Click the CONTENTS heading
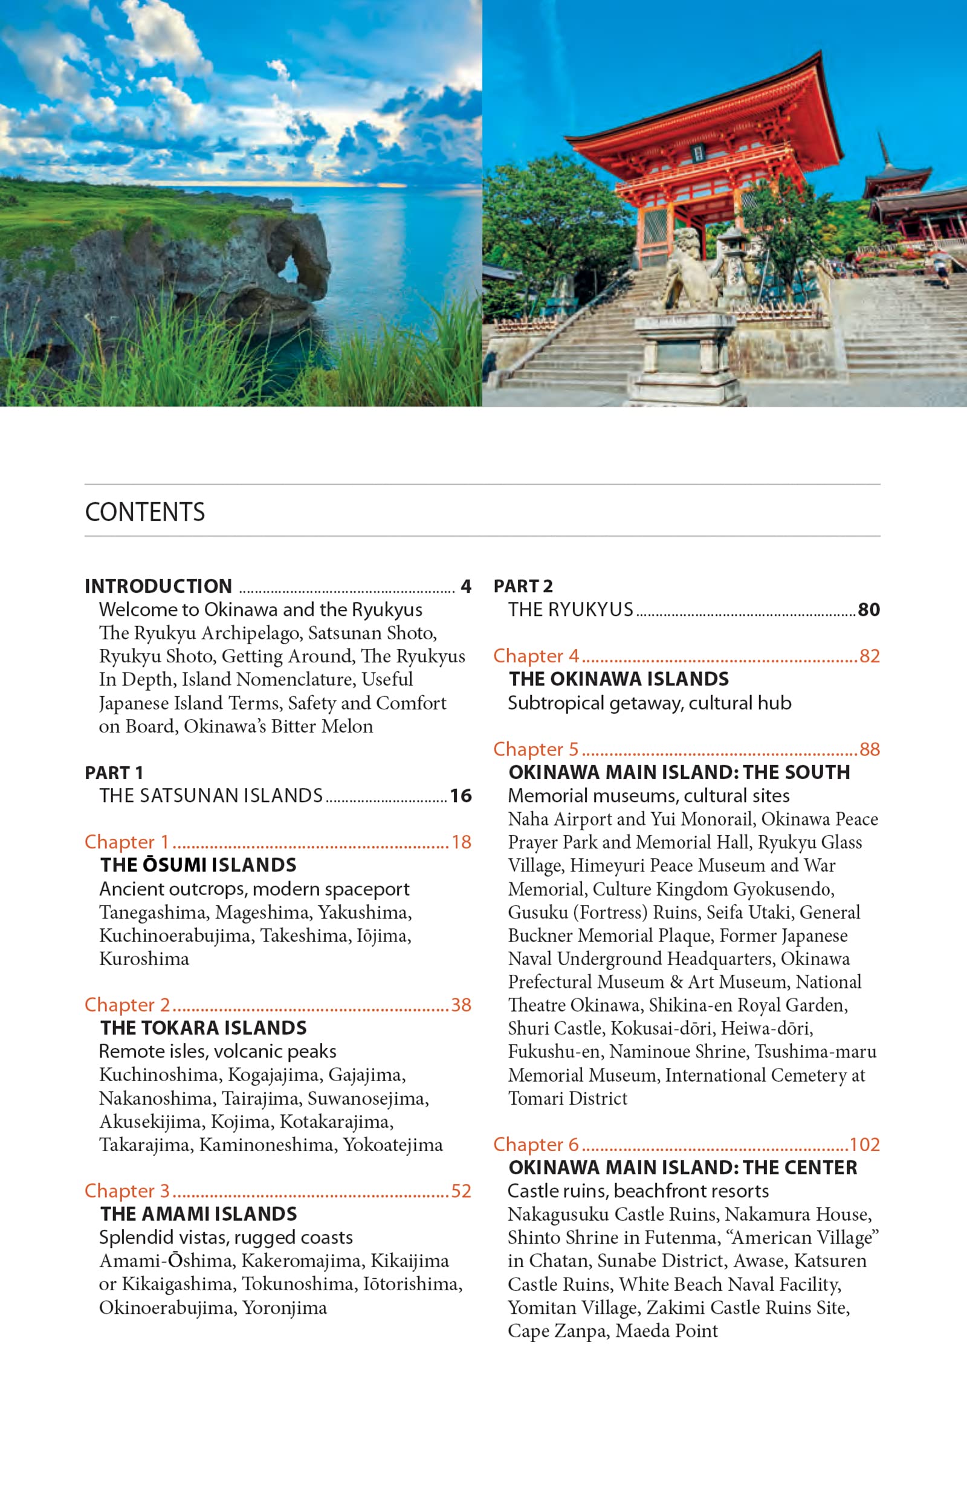145,512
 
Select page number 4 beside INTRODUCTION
466,586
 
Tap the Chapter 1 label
127,842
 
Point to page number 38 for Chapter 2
461,1004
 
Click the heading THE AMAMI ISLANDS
198,1214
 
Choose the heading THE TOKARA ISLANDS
204,1028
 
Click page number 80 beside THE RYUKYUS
868,609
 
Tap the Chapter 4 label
536,656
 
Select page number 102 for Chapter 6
865,1145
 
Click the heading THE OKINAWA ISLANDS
619,679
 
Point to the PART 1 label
114,773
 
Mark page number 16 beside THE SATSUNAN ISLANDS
461,796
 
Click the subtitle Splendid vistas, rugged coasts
226,1238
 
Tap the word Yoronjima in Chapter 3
285,1308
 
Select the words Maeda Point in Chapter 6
666,1331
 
